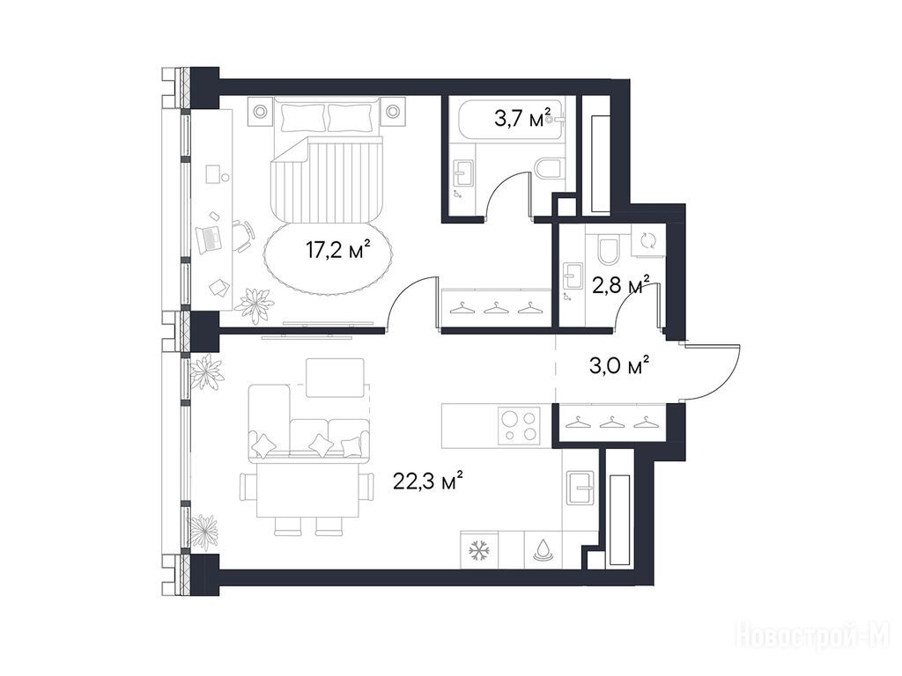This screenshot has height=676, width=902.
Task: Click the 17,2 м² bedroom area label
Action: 337,251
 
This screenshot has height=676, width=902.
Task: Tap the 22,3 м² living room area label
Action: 428,481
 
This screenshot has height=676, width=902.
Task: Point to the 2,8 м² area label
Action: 621,284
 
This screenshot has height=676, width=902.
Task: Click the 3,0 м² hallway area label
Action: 620,365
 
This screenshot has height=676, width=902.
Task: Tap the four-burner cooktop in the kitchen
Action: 519,425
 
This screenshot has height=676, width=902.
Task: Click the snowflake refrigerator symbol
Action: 478,551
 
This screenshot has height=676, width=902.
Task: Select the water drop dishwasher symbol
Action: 542,550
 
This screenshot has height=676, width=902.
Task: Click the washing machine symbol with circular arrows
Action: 647,239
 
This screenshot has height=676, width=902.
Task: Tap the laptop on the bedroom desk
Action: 208,239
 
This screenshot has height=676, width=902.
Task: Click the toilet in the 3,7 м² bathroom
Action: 548,170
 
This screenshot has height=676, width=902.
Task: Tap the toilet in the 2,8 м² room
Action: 608,247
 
